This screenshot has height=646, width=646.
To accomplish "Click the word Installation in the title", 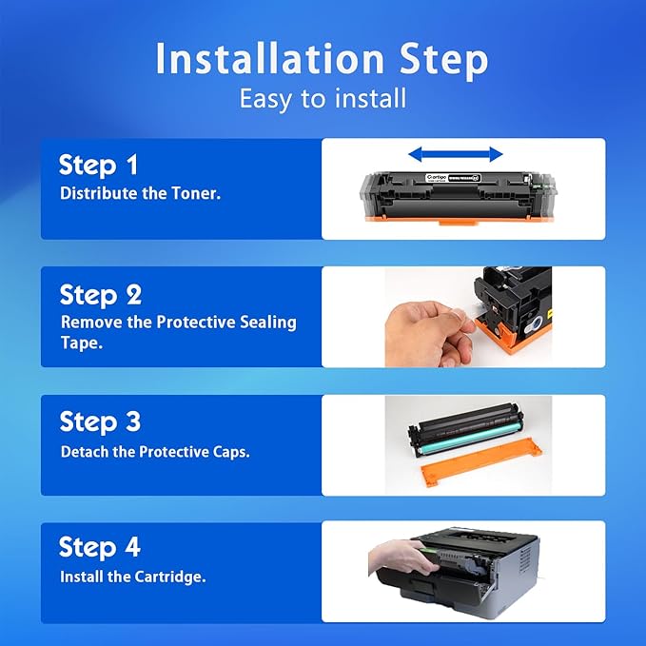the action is click(x=270, y=58).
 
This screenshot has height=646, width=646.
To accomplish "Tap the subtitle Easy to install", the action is click(x=323, y=99).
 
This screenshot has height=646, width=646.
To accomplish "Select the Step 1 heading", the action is click(x=98, y=166).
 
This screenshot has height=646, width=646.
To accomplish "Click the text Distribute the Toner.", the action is click(x=141, y=193).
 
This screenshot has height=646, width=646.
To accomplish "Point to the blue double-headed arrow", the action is click(x=456, y=154).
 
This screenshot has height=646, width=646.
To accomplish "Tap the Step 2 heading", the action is click(x=101, y=295).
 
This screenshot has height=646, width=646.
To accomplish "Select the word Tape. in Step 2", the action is click(x=82, y=343).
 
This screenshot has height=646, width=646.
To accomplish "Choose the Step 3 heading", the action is click(x=100, y=422).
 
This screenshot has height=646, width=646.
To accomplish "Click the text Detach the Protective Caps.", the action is click(x=155, y=452).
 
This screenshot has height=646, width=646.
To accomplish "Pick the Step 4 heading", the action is click(x=100, y=548).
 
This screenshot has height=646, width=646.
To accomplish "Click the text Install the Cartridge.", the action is click(x=132, y=577).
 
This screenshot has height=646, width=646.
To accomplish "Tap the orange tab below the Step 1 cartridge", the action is click(x=458, y=223).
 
